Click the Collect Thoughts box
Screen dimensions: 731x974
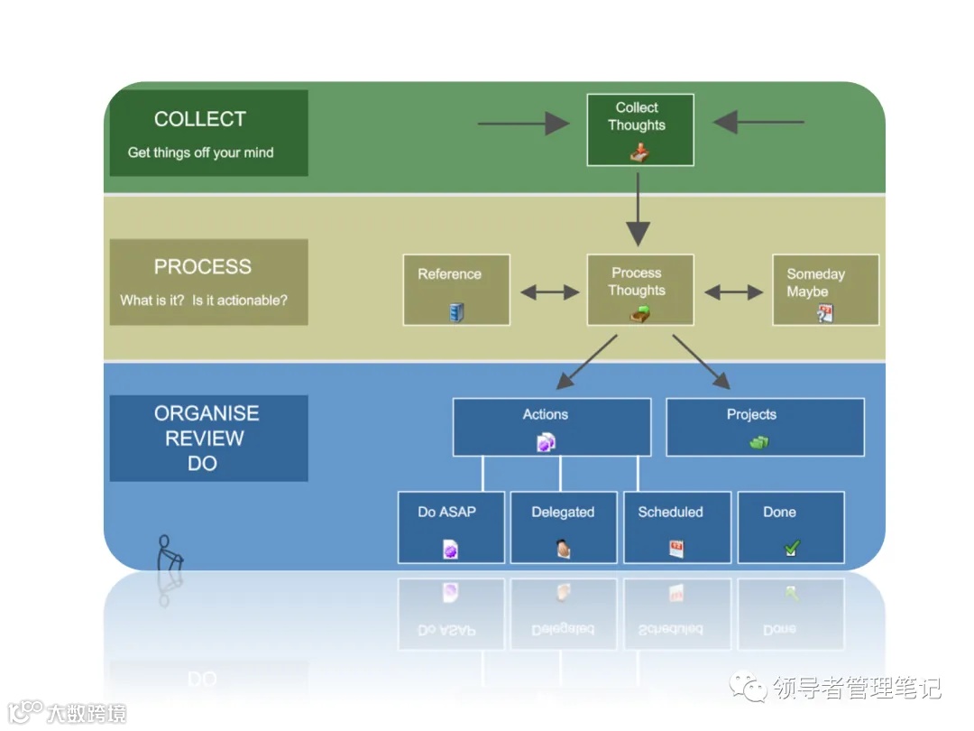[x=639, y=129]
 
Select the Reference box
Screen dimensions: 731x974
[x=456, y=290]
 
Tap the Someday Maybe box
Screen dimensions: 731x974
[x=825, y=290]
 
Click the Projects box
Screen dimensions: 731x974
[x=765, y=427]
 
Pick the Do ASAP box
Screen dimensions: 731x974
[x=451, y=527]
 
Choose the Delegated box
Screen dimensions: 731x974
[x=564, y=527]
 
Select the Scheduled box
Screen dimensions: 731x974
[x=676, y=527]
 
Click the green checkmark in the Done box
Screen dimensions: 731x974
[x=791, y=548]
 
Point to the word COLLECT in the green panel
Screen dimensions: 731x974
[x=200, y=119]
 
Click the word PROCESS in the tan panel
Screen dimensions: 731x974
[x=203, y=267]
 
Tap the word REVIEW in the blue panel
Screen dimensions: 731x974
[x=205, y=439]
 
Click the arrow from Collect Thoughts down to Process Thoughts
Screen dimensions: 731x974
[x=639, y=208]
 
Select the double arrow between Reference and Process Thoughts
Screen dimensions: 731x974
[x=549, y=291]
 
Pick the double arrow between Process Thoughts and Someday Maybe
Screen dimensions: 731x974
[x=733, y=291]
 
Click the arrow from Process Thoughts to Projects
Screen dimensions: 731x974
[x=701, y=361]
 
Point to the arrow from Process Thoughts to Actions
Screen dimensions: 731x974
[x=587, y=361]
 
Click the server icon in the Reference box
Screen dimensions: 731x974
[x=456, y=313]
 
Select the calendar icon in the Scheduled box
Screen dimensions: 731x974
[x=676, y=548]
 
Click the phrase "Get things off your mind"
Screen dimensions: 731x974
[x=200, y=153]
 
